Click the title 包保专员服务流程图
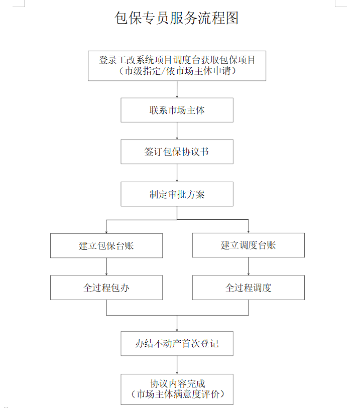(x=177, y=18)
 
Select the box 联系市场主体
(x=177, y=110)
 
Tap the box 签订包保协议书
(x=177, y=152)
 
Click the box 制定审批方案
(x=177, y=194)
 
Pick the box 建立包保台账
(x=106, y=245)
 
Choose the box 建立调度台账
(x=249, y=245)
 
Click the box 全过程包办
(x=106, y=288)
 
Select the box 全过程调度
(x=249, y=288)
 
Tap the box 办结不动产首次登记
(x=177, y=343)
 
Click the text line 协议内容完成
(x=178, y=383)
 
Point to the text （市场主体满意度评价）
(x=178, y=394)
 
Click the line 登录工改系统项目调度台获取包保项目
(x=177, y=60)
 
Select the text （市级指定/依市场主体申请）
(x=177, y=71)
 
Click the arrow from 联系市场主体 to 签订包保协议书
(x=177, y=131)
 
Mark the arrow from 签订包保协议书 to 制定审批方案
(x=177, y=173)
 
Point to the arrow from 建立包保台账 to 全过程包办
(x=106, y=266)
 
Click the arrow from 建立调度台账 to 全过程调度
(x=249, y=266)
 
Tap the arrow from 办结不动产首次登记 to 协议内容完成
(x=177, y=365)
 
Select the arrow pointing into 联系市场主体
(x=177, y=89)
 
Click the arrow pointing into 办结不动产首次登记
(x=177, y=323)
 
